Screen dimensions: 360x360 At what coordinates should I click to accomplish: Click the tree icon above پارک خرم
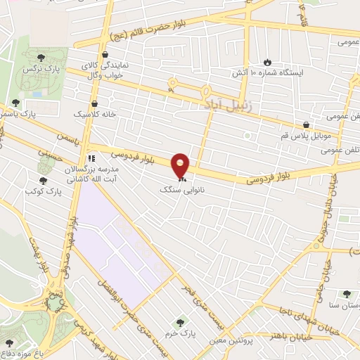(181, 323)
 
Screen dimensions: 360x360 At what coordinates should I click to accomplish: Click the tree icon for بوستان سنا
(345, 295)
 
